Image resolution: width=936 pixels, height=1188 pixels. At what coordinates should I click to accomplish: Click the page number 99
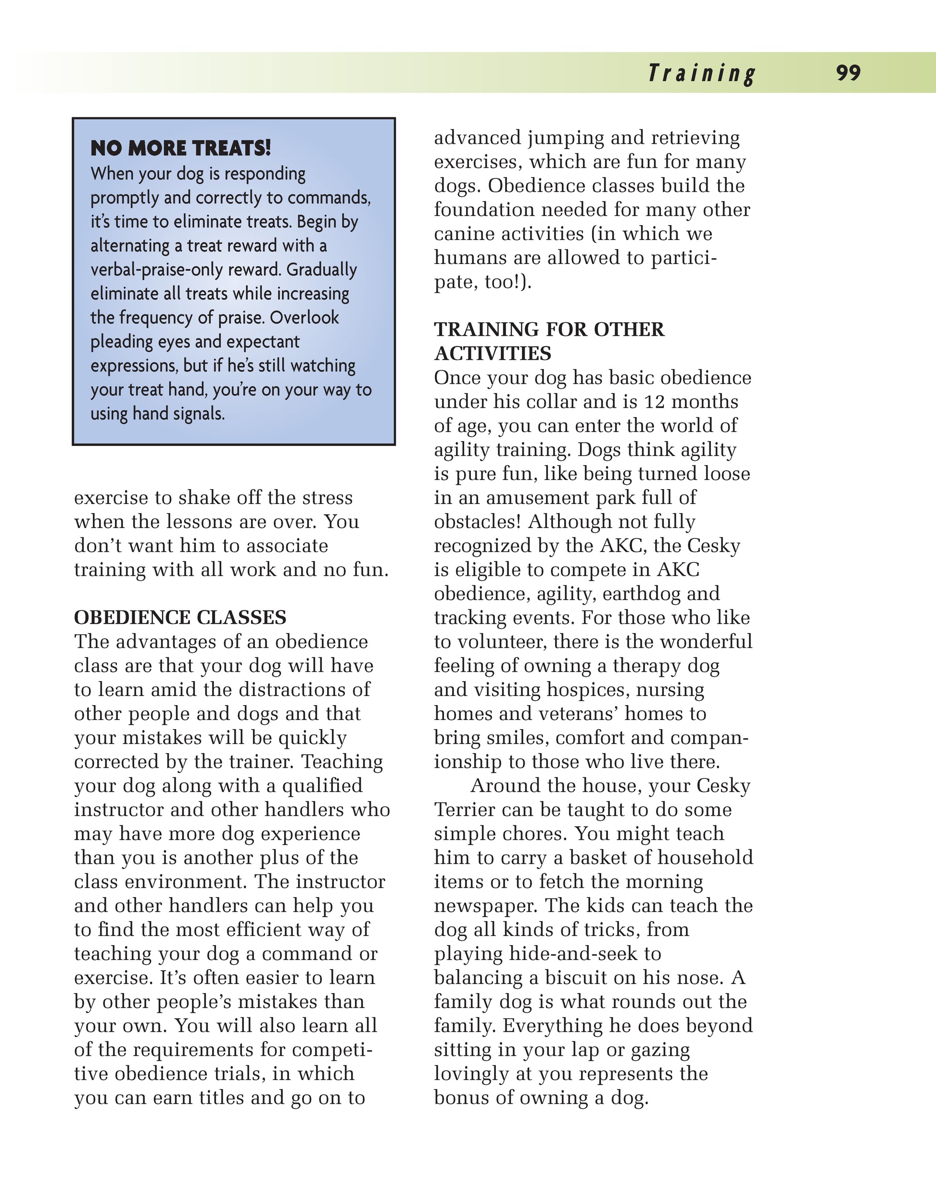click(848, 73)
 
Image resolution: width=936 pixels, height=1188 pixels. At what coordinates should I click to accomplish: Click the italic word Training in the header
click(701, 74)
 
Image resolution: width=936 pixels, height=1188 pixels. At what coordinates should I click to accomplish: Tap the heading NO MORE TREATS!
click(181, 148)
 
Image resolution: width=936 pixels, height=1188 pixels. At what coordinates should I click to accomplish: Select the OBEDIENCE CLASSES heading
click(180, 618)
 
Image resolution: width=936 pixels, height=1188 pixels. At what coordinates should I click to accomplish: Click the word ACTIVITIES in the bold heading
click(493, 354)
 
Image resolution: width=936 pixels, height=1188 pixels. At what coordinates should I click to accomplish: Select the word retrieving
click(696, 138)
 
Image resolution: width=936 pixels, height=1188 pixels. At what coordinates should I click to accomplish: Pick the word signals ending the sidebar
click(199, 414)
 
